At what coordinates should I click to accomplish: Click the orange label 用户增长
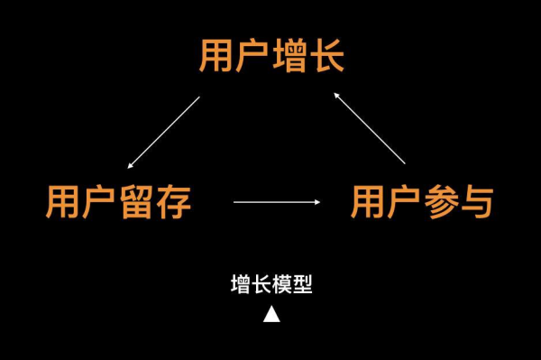[x=271, y=56]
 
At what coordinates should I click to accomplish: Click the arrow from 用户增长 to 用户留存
[x=164, y=132]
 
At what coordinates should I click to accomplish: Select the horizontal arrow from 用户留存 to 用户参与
[x=277, y=202]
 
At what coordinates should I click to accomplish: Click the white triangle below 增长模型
[x=271, y=314]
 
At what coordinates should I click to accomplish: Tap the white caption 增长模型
[x=271, y=285]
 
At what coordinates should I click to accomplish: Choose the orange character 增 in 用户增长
[x=289, y=56]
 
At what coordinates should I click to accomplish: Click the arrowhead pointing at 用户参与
[x=317, y=202]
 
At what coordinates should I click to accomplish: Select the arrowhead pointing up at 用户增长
[x=335, y=92]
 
